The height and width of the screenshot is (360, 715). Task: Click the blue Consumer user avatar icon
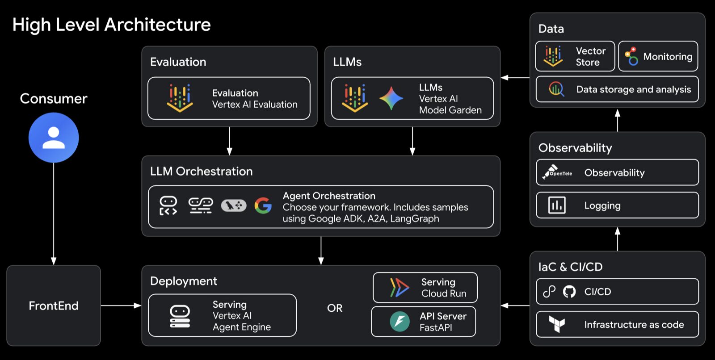coord(54,138)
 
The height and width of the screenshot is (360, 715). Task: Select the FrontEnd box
coord(54,306)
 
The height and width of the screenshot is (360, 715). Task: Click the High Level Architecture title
coord(111,25)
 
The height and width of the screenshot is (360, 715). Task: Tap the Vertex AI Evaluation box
coord(229,98)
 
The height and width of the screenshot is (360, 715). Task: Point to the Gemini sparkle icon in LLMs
coord(391,98)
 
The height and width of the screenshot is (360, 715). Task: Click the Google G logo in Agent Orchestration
coord(263,205)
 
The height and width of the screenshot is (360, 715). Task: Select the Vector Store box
coord(575,56)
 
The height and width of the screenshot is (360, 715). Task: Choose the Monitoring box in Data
coord(658,56)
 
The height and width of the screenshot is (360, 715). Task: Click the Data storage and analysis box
coord(617,89)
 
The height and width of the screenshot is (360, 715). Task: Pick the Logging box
coord(617,205)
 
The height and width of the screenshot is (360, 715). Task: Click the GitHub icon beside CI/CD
coord(569,292)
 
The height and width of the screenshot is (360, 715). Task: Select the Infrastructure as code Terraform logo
coord(557,324)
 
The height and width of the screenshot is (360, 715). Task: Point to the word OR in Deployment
coord(335,308)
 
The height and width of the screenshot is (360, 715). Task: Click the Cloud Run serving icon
coord(399,288)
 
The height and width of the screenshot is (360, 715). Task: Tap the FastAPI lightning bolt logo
coord(400,322)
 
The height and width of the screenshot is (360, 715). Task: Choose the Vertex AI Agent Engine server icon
coord(180,316)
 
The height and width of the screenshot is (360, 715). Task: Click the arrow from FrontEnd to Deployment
coord(121,306)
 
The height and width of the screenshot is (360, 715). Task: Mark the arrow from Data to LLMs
coord(515,78)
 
